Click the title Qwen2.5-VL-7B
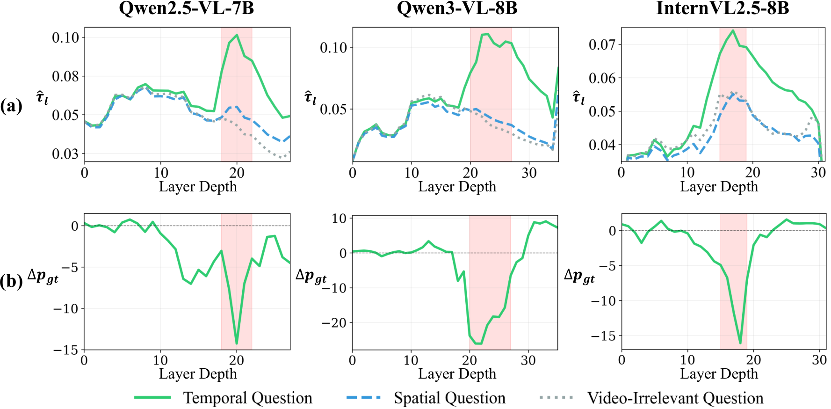click(x=187, y=8)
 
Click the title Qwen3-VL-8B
click(x=457, y=8)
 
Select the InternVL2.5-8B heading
click(x=723, y=8)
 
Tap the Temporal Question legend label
click(x=247, y=398)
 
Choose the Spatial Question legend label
click(x=449, y=398)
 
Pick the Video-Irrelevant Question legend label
click(x=675, y=398)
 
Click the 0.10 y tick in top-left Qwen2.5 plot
click(x=65, y=37)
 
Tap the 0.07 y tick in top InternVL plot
click(x=602, y=44)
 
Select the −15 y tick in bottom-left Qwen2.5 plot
click(x=65, y=350)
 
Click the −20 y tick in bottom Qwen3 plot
click(x=334, y=323)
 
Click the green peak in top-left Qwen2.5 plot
click(x=237, y=35)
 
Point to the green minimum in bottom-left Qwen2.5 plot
click(x=237, y=344)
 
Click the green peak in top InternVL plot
click(x=733, y=30)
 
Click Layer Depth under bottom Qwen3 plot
click(x=457, y=374)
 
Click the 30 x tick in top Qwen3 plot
click(x=529, y=173)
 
